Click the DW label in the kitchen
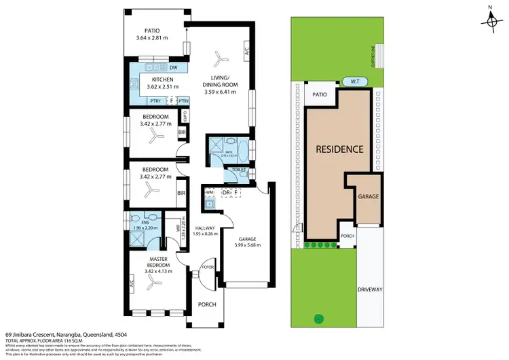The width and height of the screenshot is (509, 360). click(x=174, y=67)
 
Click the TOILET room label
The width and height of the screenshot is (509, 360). click(x=238, y=169)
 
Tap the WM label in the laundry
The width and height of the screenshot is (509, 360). click(x=210, y=193)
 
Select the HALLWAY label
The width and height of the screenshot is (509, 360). click(x=205, y=228)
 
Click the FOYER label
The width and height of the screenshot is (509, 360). click(x=208, y=268)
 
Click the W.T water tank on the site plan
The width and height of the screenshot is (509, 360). click(x=355, y=82)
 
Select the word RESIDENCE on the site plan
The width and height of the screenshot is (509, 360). click(x=339, y=149)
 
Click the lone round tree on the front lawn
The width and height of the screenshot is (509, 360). click(x=316, y=319)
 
